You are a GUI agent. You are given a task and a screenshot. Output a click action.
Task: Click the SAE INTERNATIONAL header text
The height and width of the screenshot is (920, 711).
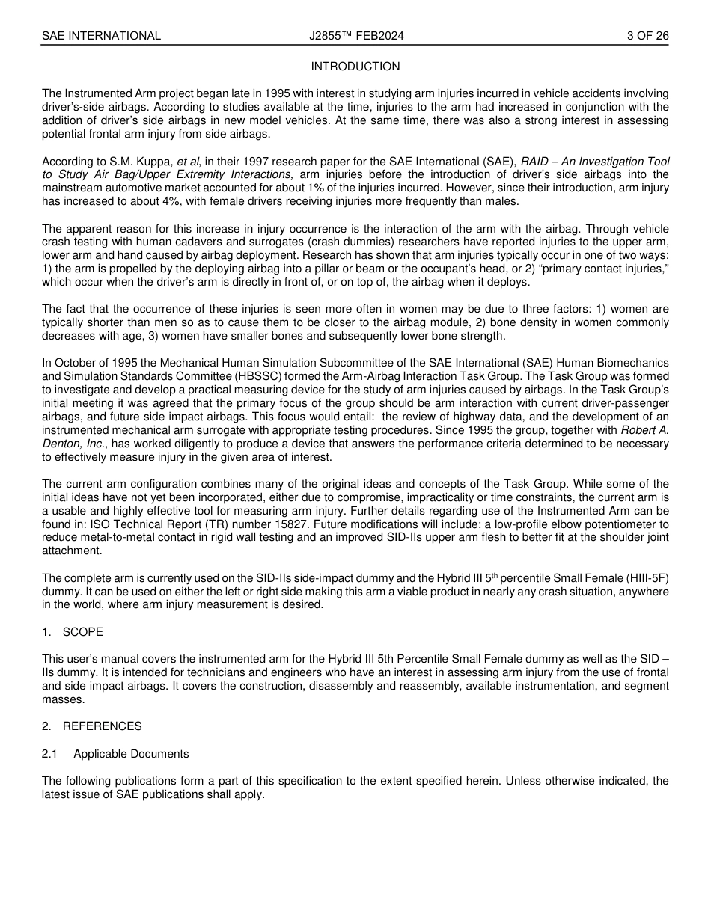pos(101,36)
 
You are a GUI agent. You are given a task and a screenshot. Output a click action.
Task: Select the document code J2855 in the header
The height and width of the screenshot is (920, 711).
pos(327,36)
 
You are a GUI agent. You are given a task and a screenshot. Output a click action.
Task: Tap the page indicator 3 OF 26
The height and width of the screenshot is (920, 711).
pos(647,36)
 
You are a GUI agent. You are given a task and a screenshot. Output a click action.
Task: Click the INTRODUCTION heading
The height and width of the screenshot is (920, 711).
pos(355,67)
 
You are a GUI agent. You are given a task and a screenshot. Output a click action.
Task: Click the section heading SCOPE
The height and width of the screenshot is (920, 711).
pos(82,632)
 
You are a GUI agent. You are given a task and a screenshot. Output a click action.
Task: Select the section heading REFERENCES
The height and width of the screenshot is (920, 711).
pos(102,726)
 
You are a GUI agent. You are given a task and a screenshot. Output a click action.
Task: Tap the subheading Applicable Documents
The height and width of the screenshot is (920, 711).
pos(131,754)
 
